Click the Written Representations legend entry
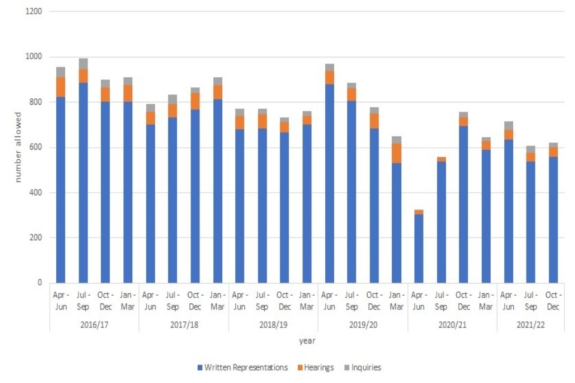coord(243,367)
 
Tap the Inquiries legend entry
coord(362,367)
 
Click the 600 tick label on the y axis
coord(36,148)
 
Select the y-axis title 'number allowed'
coord(18,147)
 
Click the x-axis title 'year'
coord(307,341)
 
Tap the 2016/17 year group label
coord(94,324)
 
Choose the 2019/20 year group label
coord(363,324)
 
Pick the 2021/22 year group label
coord(530,324)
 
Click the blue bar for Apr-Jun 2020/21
coord(419,248)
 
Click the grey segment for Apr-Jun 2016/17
coord(60,72)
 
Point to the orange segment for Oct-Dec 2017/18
coord(195,101)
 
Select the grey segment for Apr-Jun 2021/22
coord(508,125)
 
